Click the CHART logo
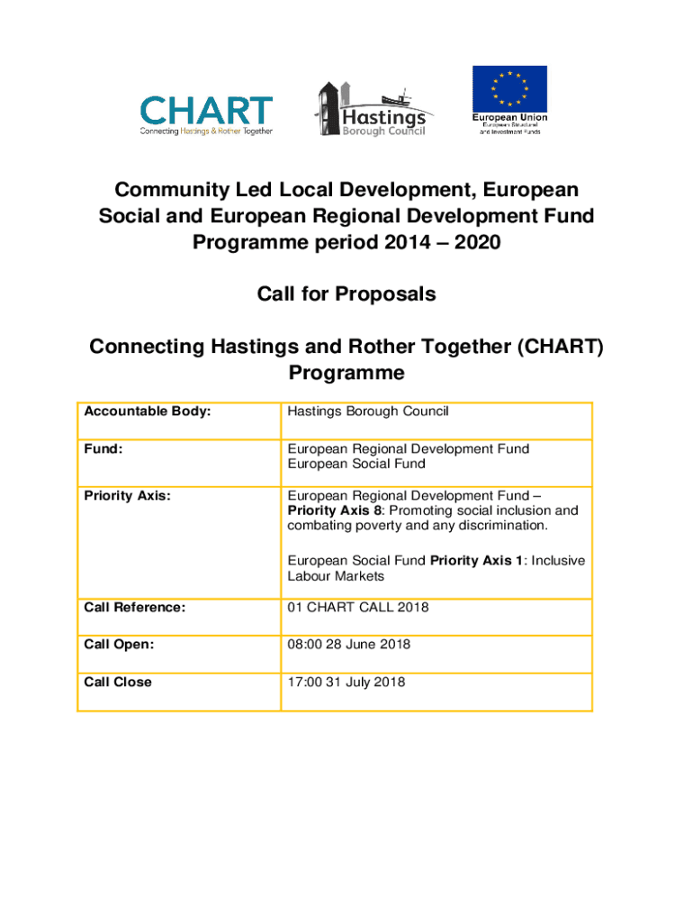[206, 114]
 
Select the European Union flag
[509, 89]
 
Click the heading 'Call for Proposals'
[346, 294]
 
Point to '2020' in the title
[470, 242]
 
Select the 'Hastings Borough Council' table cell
[368, 411]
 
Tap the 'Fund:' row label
[103, 448]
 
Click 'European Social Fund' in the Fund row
[357, 464]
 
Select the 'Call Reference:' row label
[135, 607]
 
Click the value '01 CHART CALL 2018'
[358, 607]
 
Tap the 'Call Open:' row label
[119, 645]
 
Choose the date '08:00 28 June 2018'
[349, 645]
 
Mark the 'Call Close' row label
[118, 682]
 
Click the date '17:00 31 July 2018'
[346, 682]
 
